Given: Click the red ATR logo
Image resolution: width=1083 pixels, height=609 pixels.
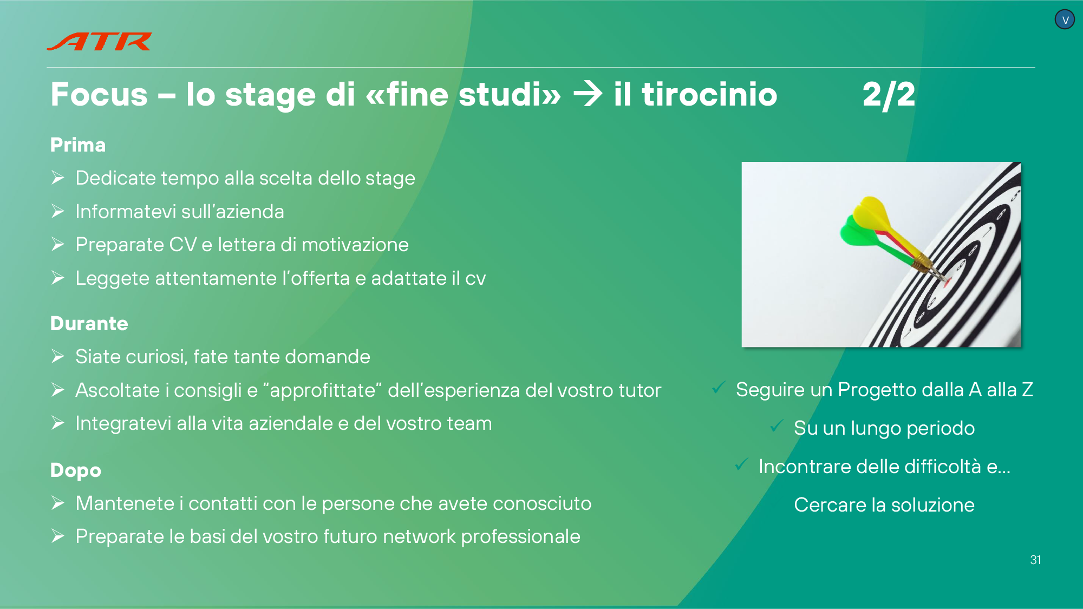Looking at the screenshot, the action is [x=99, y=42].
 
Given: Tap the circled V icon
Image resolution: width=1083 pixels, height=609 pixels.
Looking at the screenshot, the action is [x=1065, y=20].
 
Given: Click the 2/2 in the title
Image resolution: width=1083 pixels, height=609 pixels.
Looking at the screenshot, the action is [x=889, y=95].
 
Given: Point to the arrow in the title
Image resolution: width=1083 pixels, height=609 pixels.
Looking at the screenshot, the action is [x=588, y=94].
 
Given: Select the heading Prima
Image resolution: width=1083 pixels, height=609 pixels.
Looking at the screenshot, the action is [x=78, y=145].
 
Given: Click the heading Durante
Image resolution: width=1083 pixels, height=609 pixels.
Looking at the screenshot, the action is [x=89, y=323].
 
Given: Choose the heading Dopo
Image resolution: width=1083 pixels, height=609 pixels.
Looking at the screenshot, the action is [x=76, y=470].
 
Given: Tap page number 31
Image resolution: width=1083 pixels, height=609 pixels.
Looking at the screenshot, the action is [x=1035, y=560].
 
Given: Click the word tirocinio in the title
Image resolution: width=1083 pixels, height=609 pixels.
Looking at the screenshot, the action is [x=709, y=94].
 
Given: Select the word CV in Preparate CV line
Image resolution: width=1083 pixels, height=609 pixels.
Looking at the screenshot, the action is [x=182, y=245].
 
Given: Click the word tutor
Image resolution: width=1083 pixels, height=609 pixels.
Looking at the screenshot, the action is [x=636, y=390].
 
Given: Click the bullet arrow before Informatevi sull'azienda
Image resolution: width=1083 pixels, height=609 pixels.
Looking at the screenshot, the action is [x=58, y=211].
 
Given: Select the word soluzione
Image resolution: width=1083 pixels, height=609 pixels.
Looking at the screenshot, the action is [x=933, y=505].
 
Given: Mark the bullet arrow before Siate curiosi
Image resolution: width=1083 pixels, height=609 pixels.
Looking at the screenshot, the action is [x=58, y=356].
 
